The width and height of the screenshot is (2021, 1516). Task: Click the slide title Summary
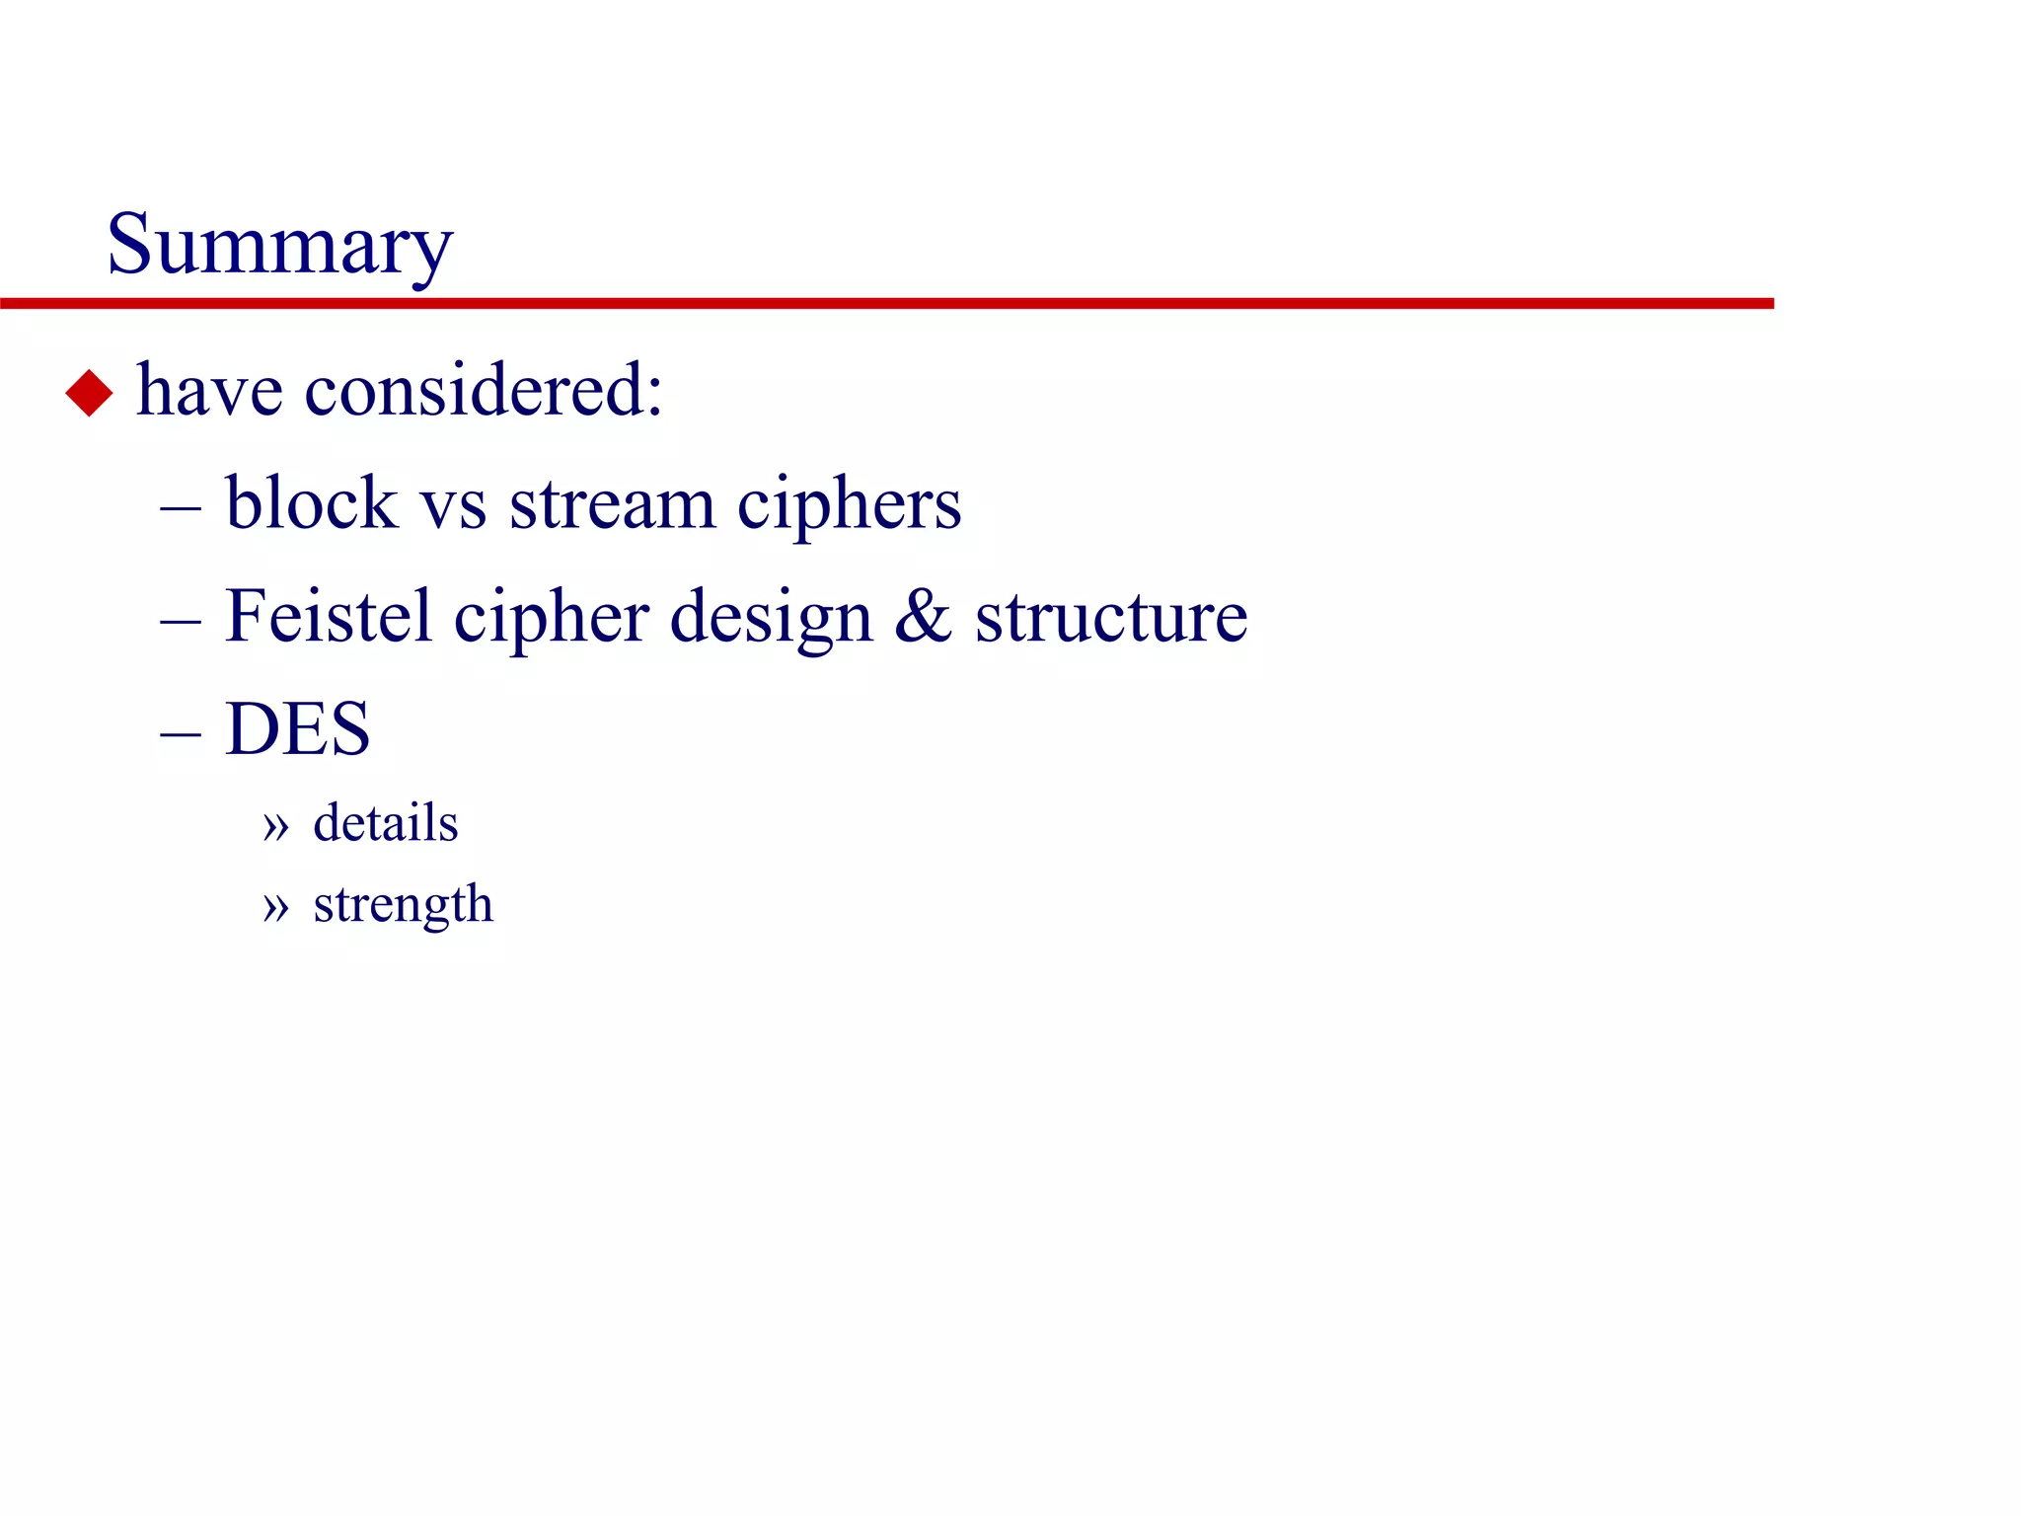[279, 246]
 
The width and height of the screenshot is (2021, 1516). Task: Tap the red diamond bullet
[89, 393]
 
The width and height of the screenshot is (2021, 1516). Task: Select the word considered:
[484, 391]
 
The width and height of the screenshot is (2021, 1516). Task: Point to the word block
[311, 503]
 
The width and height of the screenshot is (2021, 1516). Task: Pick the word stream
[612, 505]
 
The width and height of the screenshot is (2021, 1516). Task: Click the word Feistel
[328, 617]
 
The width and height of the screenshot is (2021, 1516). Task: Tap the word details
[385, 823]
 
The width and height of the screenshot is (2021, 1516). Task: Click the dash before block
[181, 510]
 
